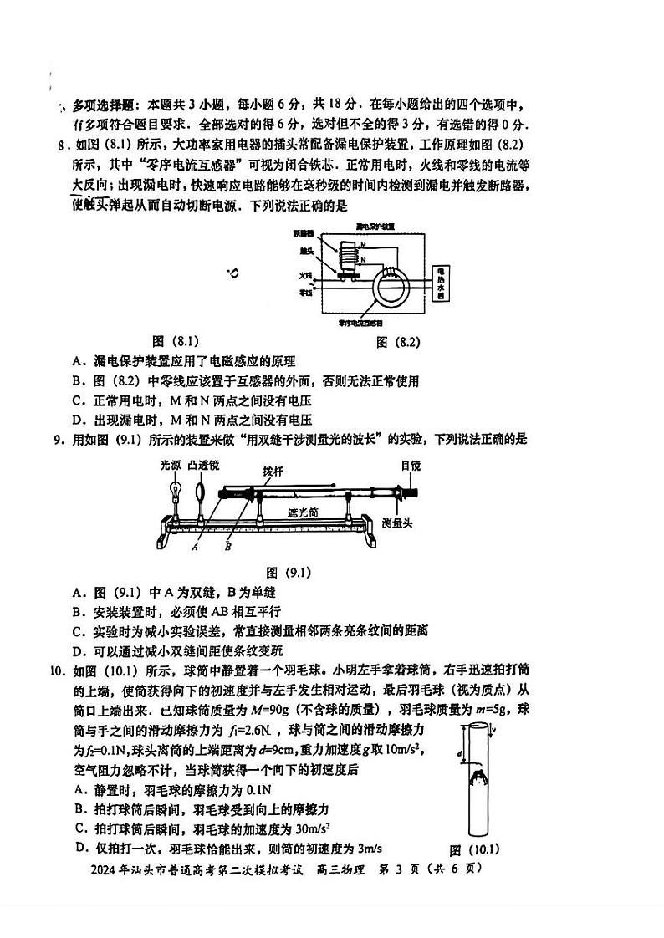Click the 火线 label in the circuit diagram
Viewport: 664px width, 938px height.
point(305,274)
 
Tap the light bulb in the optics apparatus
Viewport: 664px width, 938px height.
point(176,489)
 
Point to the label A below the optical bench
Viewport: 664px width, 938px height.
point(194,548)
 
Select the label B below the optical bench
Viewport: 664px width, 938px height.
point(227,548)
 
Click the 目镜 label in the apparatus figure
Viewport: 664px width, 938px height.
point(410,465)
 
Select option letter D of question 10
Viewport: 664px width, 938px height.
point(79,848)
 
